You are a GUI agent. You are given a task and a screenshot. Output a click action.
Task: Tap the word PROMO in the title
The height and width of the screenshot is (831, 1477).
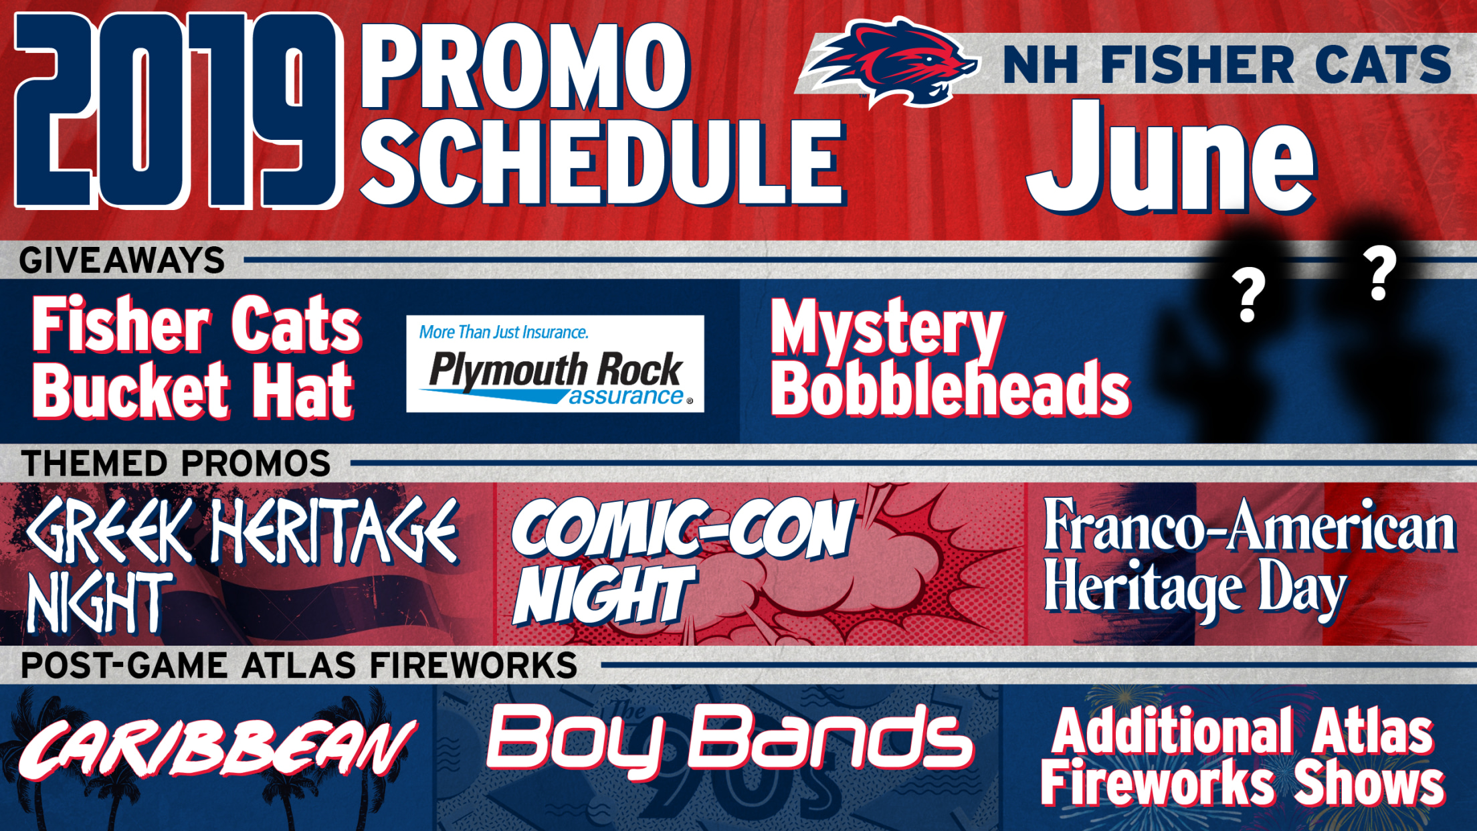[525, 67]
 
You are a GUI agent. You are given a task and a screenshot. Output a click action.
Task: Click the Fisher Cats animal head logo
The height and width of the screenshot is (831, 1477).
[890, 62]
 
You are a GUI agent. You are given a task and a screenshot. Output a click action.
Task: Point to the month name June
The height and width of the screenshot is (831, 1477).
[1171, 158]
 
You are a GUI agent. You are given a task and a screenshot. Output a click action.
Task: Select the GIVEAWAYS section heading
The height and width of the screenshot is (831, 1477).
[122, 260]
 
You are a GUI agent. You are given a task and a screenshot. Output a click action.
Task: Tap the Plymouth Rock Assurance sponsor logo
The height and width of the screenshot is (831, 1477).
[555, 363]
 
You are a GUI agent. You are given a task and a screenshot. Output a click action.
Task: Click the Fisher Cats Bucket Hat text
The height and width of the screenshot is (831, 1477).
[197, 357]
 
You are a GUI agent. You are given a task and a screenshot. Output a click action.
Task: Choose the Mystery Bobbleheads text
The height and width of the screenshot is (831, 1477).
[950, 359]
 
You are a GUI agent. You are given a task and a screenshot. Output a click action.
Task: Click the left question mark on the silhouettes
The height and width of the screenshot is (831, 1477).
[1248, 296]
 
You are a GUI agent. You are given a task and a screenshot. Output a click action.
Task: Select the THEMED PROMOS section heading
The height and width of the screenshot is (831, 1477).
[176, 463]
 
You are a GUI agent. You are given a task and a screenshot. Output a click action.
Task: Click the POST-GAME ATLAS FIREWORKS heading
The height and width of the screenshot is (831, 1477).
[299, 666]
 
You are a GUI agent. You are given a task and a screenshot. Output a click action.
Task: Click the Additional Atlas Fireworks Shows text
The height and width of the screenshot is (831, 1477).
[1243, 757]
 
